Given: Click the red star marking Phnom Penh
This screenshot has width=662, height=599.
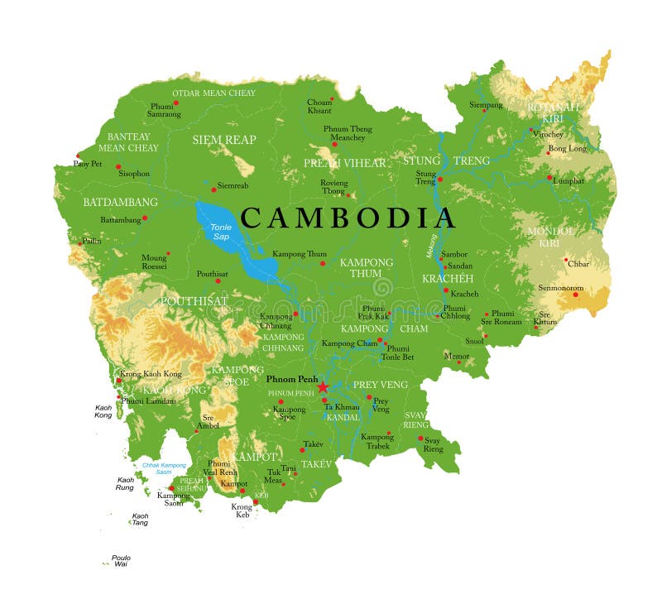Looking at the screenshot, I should (x=323, y=386).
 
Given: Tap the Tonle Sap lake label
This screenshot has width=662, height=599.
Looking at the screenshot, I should (x=220, y=232).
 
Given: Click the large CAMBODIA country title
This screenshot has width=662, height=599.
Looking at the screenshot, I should (x=348, y=218).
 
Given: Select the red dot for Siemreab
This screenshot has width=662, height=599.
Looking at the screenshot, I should (x=213, y=188).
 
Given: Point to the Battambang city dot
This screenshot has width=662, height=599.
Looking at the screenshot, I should (x=144, y=218).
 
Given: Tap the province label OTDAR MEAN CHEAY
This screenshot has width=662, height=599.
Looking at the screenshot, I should (x=213, y=93).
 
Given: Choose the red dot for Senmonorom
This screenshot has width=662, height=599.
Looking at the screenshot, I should (x=576, y=295).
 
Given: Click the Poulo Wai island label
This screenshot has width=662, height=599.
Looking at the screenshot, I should (x=121, y=562).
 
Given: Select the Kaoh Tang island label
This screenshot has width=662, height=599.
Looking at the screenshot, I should (x=140, y=520).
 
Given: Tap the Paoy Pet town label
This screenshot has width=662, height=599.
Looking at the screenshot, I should (x=87, y=164).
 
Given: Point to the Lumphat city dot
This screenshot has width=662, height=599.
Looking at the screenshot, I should (x=549, y=177).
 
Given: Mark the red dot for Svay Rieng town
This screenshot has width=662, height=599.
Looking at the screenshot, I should (x=420, y=438).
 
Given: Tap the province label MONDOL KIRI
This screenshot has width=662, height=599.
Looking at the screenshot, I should (x=544, y=237).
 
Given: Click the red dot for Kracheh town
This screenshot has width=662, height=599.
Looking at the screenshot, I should (x=446, y=290).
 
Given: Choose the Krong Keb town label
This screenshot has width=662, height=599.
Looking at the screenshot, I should (x=242, y=510).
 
